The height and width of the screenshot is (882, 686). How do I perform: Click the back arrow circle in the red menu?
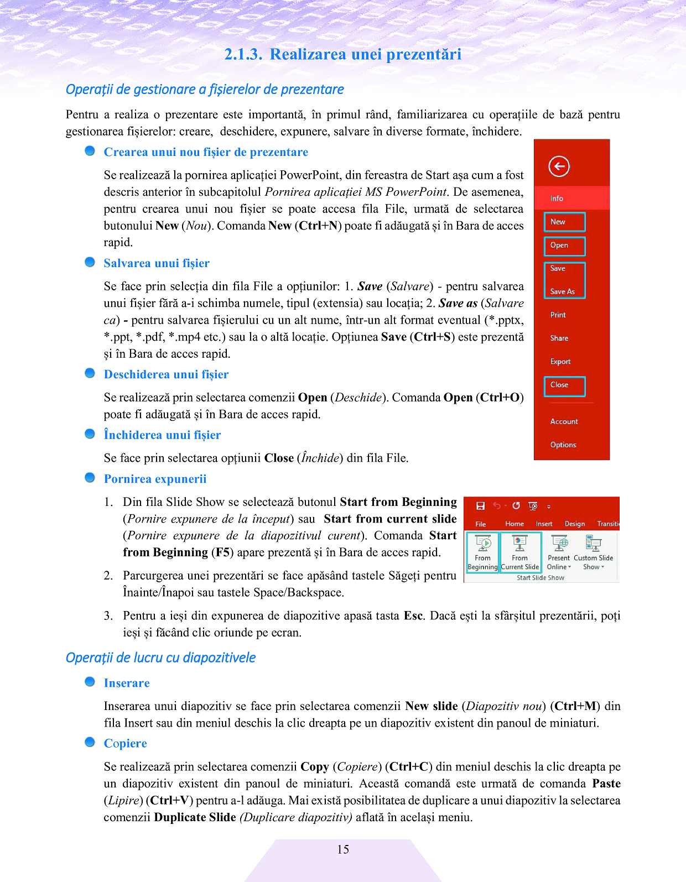[559, 166]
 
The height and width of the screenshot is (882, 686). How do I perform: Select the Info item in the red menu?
[557, 199]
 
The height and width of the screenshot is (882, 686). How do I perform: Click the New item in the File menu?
[558, 222]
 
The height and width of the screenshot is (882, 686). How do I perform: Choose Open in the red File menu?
[559, 245]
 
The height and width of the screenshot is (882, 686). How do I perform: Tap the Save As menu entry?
[562, 291]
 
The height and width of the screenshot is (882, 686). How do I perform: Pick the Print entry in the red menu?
[558, 315]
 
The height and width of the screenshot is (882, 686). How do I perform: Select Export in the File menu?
[560, 362]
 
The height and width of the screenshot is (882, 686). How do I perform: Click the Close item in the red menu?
[559, 385]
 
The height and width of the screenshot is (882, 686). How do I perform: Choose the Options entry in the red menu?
[563, 445]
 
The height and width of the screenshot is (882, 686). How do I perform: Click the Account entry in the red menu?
[564, 421]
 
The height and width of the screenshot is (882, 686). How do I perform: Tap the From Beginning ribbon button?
[482, 552]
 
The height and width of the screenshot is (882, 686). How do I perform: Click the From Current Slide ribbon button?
[519, 552]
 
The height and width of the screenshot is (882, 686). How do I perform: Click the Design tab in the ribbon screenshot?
[575, 524]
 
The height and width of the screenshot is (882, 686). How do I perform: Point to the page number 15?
[343, 849]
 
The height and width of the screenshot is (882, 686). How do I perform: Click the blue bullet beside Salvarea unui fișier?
[90, 262]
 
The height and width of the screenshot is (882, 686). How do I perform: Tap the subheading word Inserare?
[127, 683]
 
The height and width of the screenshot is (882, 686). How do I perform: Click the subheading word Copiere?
[126, 744]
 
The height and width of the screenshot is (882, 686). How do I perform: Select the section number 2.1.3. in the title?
[243, 54]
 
